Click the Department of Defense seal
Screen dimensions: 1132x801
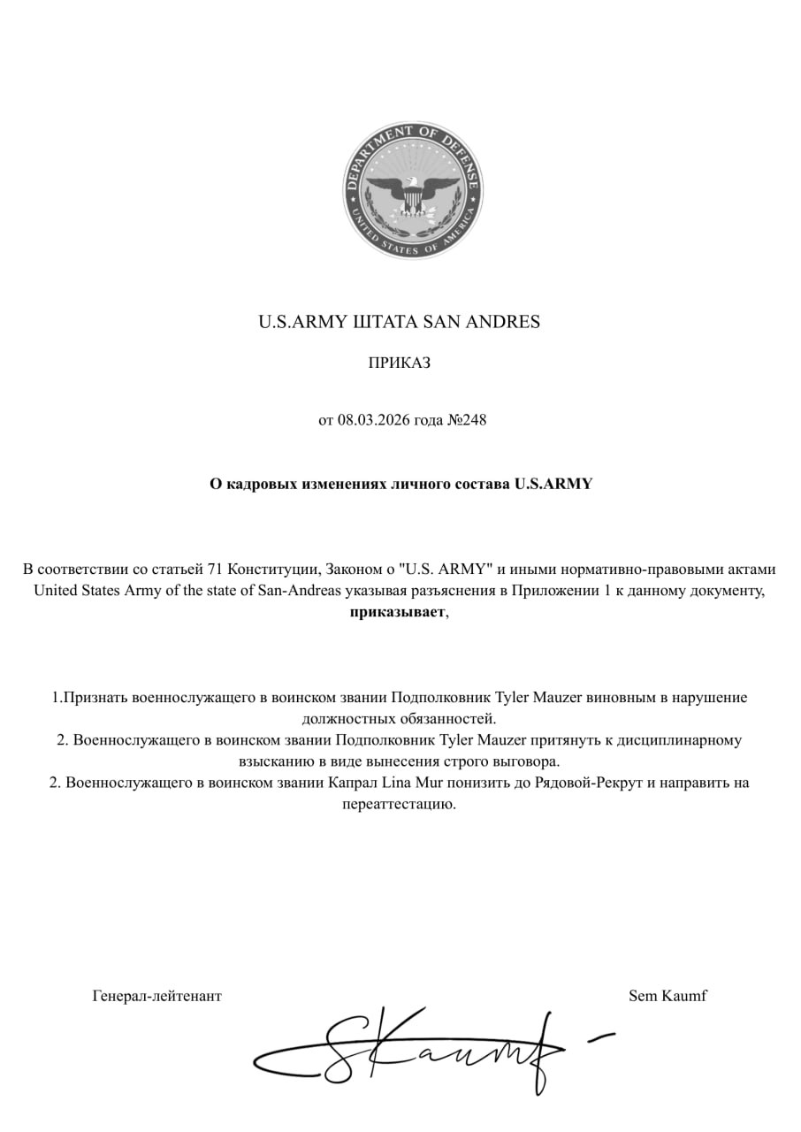click(x=413, y=191)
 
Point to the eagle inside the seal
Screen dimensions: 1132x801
click(x=413, y=193)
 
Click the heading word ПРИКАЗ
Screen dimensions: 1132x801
click(x=399, y=363)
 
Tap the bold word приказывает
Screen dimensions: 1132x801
click(x=397, y=612)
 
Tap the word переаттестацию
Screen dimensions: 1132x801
click(x=399, y=804)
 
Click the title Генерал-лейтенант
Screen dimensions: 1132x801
click(x=156, y=996)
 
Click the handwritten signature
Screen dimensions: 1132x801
click(x=424, y=1051)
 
